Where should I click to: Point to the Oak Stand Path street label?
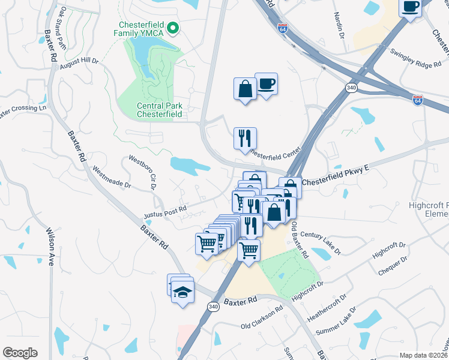coord(71,27)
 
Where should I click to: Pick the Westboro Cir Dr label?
coord(141,171)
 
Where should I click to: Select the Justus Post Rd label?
coord(165,212)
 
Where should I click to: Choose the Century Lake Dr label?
coord(321,242)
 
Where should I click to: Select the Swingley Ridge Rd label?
coord(420,58)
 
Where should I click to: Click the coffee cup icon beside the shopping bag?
coord(266,83)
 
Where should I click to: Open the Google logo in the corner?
coord(20,353)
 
